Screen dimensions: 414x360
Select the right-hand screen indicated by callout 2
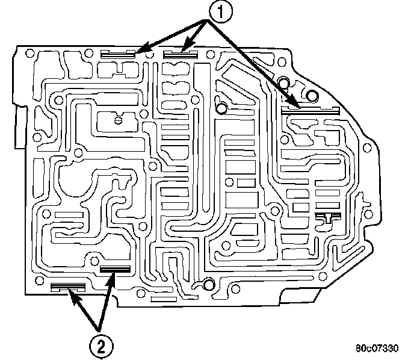pos(116,269)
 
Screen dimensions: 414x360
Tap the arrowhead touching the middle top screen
pos(185,46)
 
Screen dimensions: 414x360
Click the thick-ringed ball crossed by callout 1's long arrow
pos(222,108)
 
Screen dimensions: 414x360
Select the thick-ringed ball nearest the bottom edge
pos(209,285)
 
